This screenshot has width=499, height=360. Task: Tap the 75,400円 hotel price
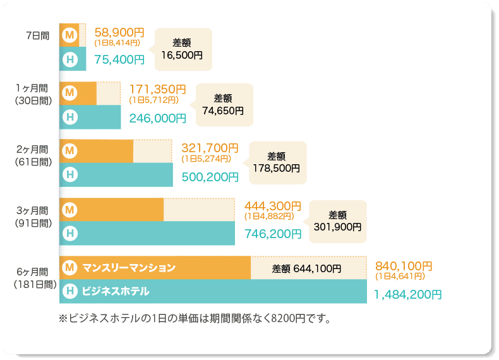tap(119, 60)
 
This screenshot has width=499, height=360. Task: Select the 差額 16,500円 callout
tap(182, 49)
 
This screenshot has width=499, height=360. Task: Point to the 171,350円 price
tap(157, 89)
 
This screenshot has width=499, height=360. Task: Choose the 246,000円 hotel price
tap(157, 117)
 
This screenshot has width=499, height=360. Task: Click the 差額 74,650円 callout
tap(223, 105)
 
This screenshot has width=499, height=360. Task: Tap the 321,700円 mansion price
tap(210, 148)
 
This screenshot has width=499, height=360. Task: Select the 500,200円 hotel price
tap(210, 177)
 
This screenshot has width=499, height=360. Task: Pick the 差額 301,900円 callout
tap(338, 220)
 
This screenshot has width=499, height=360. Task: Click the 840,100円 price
tap(404, 266)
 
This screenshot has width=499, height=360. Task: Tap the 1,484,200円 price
tap(407, 294)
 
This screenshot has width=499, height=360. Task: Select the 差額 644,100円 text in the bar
tap(306, 268)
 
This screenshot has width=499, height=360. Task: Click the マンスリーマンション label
tap(129, 268)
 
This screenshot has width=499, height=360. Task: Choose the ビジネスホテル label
tap(116, 291)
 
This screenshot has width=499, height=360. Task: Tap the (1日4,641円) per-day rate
tap(400, 276)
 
